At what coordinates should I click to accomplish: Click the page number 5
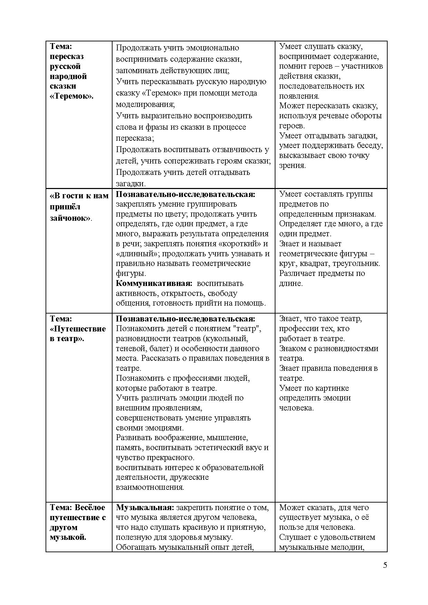coord(385,565)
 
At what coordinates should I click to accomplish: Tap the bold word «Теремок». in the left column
coord(72,96)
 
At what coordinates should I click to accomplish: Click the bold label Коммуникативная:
coord(154,283)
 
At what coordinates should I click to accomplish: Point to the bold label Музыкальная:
coord(145,507)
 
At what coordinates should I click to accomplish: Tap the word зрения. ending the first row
coord(292,165)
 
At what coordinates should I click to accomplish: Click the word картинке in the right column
coord(334,388)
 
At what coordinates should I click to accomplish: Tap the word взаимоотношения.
coord(150,487)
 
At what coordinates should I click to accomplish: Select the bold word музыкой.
coord(68,537)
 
